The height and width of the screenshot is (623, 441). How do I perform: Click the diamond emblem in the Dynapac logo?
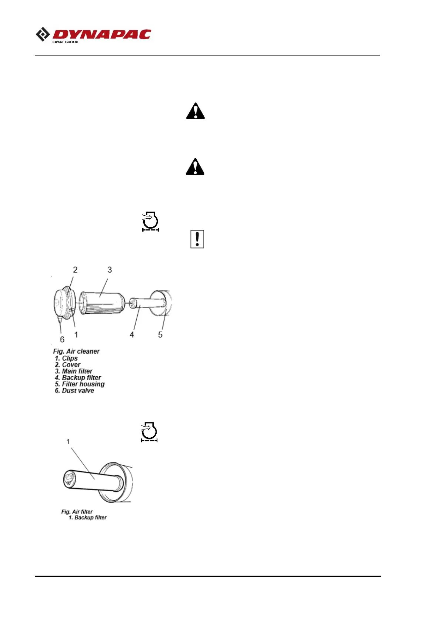coord(43,34)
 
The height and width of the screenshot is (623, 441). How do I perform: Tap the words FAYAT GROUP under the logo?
coord(65,42)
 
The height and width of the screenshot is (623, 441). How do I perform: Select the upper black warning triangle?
coord(195,111)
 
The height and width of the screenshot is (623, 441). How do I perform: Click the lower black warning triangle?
coord(195,166)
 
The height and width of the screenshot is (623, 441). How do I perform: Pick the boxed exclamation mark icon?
coord(197,239)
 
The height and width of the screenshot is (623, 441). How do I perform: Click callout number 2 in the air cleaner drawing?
coord(75,270)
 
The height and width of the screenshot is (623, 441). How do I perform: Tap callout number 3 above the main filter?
coord(110,270)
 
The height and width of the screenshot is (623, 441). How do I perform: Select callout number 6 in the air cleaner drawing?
coord(62,339)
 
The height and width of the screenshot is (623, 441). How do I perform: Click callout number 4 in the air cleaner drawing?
coord(132,334)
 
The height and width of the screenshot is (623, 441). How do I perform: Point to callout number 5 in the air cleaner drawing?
coord(160,334)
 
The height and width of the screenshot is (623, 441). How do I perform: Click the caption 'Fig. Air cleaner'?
coord(76,351)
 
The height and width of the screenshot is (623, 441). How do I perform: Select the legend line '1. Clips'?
coord(66,358)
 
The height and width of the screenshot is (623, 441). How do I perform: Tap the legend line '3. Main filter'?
coord(74,371)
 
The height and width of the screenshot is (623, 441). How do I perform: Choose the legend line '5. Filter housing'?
coord(80,384)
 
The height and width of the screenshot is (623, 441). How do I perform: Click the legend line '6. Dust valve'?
coord(74,391)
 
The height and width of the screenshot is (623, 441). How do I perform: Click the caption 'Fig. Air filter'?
coord(77,512)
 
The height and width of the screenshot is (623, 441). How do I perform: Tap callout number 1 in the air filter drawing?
coord(68,441)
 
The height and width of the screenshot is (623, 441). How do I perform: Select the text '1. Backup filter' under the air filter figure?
coord(88,518)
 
